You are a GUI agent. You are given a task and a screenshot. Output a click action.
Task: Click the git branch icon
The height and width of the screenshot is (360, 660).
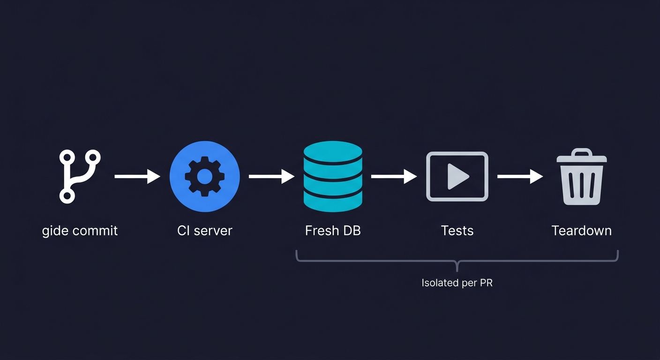coord(80,177)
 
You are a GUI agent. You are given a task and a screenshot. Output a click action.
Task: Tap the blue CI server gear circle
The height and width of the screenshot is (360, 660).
coord(204,177)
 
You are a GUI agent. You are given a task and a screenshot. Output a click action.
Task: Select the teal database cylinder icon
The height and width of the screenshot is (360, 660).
coord(333,176)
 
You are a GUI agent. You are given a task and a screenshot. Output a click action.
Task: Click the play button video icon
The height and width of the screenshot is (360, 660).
coord(457,177)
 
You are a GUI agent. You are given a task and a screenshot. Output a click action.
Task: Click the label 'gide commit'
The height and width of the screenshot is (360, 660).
coord(80,231)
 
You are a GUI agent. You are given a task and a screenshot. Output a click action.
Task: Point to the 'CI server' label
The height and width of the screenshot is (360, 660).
coord(204,231)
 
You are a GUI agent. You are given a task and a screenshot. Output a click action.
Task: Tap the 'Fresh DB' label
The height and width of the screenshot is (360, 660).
coord(333,231)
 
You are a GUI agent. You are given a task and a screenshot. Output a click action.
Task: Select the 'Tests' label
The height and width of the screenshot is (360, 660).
coord(457,231)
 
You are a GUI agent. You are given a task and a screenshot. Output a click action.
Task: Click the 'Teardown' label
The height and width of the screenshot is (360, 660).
coord(582,231)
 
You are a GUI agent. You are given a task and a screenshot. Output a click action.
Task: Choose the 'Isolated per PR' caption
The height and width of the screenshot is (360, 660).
coord(457,283)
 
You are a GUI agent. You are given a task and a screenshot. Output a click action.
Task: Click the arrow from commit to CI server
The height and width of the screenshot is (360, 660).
coord(137,177)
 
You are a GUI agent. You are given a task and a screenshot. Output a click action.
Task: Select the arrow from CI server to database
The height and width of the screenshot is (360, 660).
coord(271,177)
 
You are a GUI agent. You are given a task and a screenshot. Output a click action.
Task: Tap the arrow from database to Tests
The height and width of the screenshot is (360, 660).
coord(394,177)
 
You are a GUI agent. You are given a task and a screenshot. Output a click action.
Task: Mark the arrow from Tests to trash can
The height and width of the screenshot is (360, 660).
coord(520,177)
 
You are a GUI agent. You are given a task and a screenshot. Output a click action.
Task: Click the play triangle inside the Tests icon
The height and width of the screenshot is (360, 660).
coord(457,177)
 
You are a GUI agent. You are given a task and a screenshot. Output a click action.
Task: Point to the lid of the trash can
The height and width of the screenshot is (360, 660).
coord(582,156)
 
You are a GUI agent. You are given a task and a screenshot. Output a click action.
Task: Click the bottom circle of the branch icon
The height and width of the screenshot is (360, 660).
coord(67,196)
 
